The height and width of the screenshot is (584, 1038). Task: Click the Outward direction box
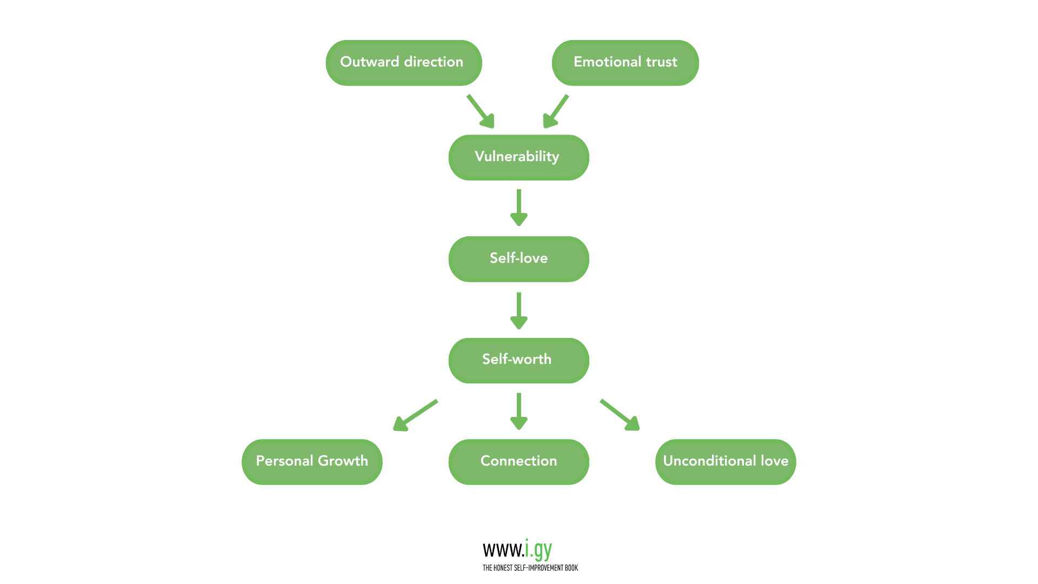click(403, 63)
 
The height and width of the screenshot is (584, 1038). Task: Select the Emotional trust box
click(625, 63)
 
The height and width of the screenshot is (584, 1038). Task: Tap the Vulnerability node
click(518, 157)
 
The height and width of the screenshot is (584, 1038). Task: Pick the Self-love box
click(518, 259)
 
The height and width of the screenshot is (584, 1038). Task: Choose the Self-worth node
click(518, 361)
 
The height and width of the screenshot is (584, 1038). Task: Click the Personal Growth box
click(312, 462)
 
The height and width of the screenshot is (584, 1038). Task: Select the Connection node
click(518, 462)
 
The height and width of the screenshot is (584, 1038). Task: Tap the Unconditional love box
click(726, 462)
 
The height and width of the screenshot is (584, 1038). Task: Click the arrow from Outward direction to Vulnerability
click(481, 111)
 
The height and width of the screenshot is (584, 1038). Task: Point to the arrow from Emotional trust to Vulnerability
click(556, 111)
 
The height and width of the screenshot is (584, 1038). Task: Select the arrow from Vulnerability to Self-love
click(518, 207)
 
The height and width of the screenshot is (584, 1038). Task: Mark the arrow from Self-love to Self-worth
click(518, 310)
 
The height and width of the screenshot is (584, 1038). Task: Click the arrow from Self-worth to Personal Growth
click(415, 415)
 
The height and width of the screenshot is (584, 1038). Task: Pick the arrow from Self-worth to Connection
click(518, 411)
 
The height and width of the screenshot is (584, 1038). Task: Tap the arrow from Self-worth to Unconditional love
click(620, 415)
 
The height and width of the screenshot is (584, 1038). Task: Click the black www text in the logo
click(503, 550)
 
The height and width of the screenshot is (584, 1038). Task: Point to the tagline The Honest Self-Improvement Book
click(530, 568)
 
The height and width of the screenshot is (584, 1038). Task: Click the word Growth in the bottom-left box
click(343, 461)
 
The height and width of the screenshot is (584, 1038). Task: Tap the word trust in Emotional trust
click(661, 62)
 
